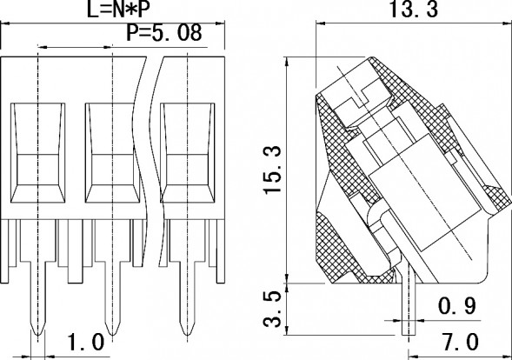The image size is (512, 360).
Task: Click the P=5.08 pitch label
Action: (x=164, y=35)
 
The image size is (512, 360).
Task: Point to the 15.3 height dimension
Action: (x=275, y=170)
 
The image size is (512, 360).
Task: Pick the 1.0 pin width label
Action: (x=85, y=340)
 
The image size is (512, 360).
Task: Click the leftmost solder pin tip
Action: (x=38, y=331)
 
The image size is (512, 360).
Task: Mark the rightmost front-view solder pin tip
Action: (x=185, y=331)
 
